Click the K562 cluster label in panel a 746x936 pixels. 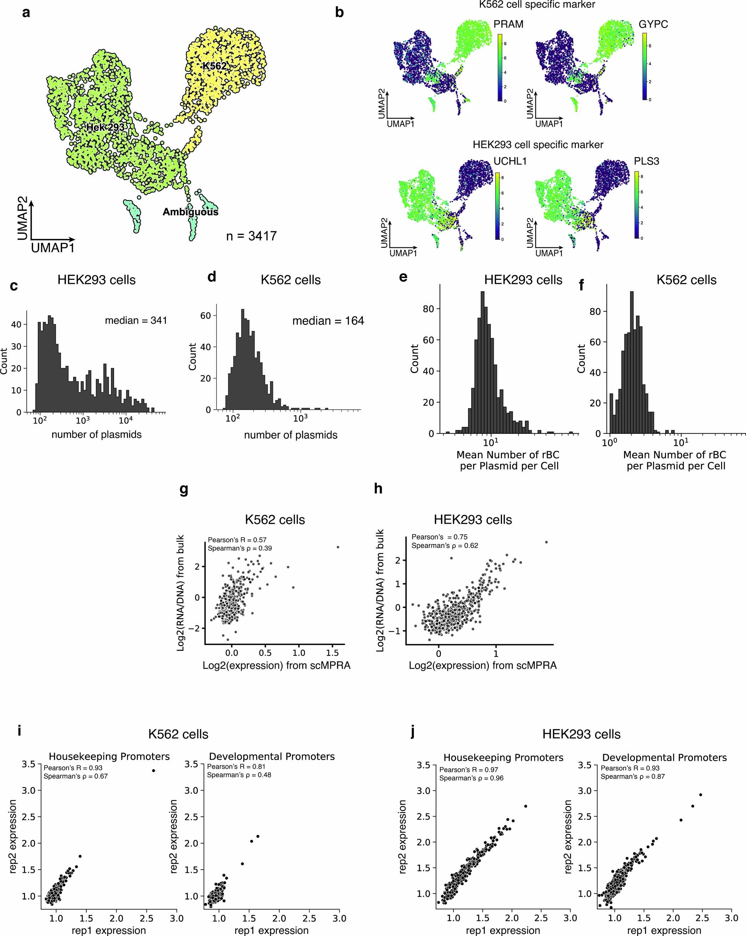(x=214, y=66)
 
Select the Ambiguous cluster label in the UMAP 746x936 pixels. (x=190, y=212)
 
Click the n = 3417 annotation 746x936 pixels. (x=251, y=236)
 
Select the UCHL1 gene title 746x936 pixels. (x=510, y=161)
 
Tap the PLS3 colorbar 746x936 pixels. (x=636, y=205)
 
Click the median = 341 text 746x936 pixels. (x=136, y=321)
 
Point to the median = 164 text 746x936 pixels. (x=328, y=321)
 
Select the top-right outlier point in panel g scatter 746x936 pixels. (x=338, y=547)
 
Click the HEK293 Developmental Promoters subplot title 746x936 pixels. (x=664, y=758)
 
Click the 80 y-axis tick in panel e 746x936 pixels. (x=428, y=309)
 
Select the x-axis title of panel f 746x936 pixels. (x=675, y=460)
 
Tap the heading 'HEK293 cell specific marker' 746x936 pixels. (x=538, y=145)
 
